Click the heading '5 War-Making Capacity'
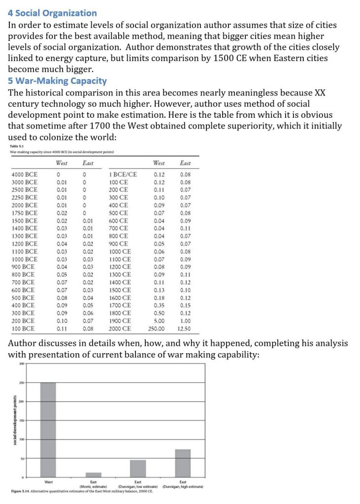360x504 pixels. click(x=57, y=80)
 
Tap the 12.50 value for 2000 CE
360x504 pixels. click(x=185, y=328)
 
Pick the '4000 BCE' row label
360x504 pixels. click(x=24, y=174)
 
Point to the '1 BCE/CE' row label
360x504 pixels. click(x=123, y=174)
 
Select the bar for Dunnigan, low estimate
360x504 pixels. click(x=138, y=468)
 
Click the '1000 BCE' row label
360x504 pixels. click(x=24, y=259)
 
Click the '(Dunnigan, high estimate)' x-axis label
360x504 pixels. click(x=183, y=487)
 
